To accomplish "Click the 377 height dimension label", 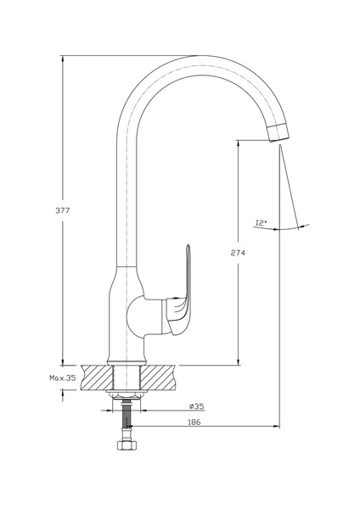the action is click(62, 210).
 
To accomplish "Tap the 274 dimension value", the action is click(238, 253).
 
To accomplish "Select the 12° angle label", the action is click(262, 222).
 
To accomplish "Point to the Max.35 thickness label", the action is click(62, 378).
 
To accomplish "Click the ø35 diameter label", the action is click(197, 406).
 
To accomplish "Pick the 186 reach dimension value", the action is click(194, 422).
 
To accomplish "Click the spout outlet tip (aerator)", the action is click(278, 132).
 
